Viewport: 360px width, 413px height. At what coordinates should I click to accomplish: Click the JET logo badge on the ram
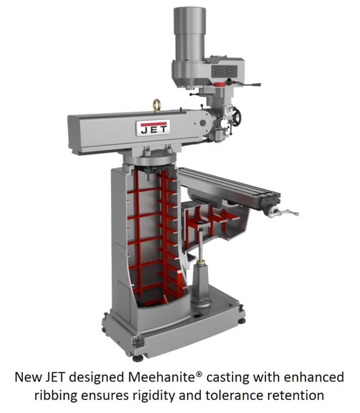[x=153, y=128]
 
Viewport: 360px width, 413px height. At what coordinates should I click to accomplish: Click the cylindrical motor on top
[x=189, y=35]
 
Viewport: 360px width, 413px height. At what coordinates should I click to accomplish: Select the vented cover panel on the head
[x=224, y=71]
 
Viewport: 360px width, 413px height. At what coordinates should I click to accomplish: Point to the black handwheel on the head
[x=237, y=116]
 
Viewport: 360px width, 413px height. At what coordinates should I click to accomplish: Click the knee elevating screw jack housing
[x=201, y=284]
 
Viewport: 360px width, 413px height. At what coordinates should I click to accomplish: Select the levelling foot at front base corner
[x=138, y=358]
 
